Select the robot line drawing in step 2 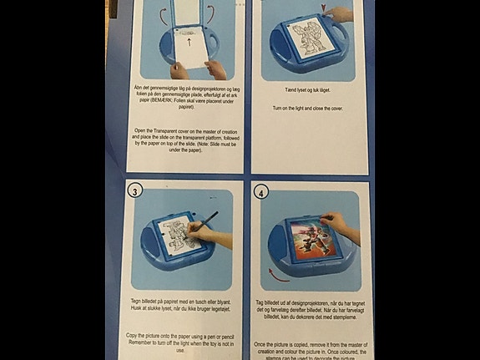301,41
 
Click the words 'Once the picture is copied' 289,343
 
